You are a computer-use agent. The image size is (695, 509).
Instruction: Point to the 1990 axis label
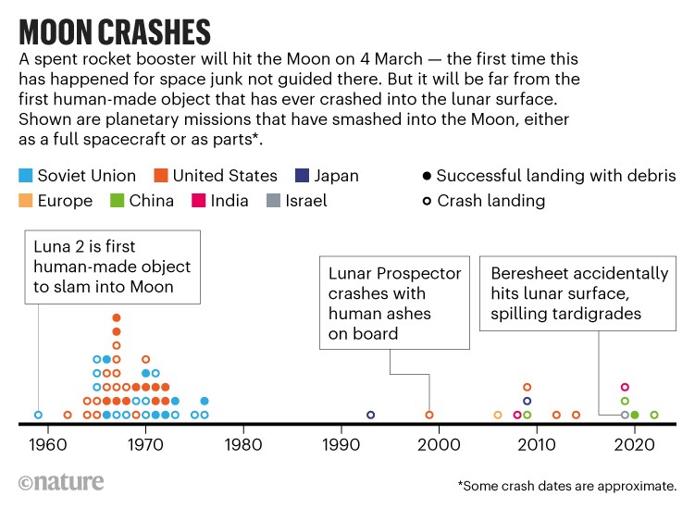(341, 443)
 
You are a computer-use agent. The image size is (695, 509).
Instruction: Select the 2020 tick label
(635, 443)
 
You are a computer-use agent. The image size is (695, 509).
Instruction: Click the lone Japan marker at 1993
(370, 415)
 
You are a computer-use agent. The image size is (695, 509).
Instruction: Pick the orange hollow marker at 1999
(429, 415)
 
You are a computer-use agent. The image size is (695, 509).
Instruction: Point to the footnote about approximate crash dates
(566, 486)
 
